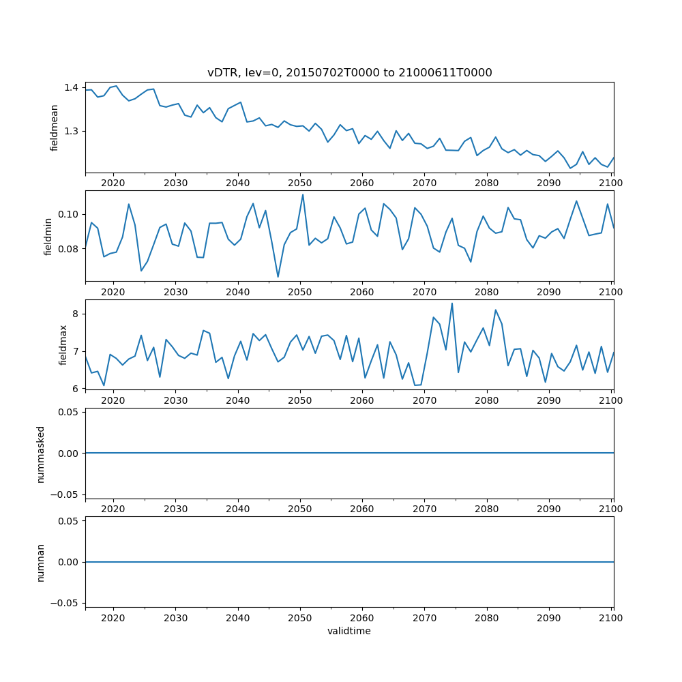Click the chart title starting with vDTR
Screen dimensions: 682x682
tap(349, 72)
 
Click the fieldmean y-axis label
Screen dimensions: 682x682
tap(54, 128)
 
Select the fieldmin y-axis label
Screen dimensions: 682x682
tap(48, 236)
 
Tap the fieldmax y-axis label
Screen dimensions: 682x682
tap(63, 344)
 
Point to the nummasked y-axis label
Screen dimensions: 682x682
tap(41, 453)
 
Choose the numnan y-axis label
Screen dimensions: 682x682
tap(41, 562)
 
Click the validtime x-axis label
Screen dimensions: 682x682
tap(349, 631)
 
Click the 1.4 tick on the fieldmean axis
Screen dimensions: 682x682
tap(72, 87)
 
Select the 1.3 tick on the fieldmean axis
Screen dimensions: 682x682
tap(72, 131)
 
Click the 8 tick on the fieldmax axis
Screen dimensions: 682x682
tap(76, 314)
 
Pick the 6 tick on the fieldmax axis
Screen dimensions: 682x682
tap(76, 388)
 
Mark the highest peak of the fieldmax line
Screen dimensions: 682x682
tap(451, 303)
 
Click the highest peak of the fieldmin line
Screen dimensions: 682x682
tap(303, 194)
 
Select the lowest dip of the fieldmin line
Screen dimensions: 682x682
tap(278, 277)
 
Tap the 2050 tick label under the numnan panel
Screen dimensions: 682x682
tap(300, 618)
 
